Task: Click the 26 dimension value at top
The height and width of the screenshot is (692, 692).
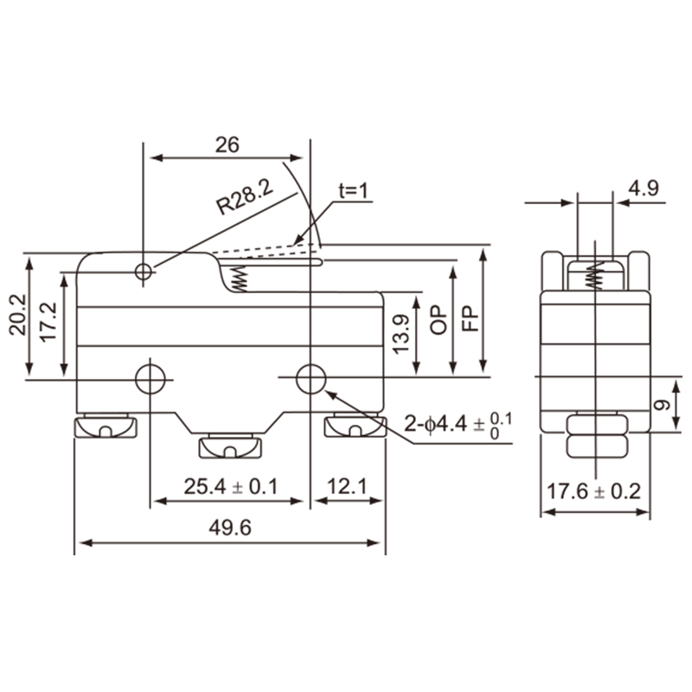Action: (227, 144)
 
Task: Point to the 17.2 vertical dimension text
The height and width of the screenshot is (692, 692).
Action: (49, 321)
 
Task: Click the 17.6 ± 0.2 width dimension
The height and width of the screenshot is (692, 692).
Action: (594, 491)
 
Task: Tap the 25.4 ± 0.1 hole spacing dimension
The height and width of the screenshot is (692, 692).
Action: (230, 487)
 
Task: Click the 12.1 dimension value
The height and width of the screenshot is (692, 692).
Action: (347, 487)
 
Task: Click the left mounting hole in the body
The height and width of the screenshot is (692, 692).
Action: (151, 378)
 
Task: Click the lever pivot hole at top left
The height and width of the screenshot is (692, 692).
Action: (144, 272)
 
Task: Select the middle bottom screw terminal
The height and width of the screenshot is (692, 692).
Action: (230, 446)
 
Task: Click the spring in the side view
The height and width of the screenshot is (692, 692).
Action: (594, 276)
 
